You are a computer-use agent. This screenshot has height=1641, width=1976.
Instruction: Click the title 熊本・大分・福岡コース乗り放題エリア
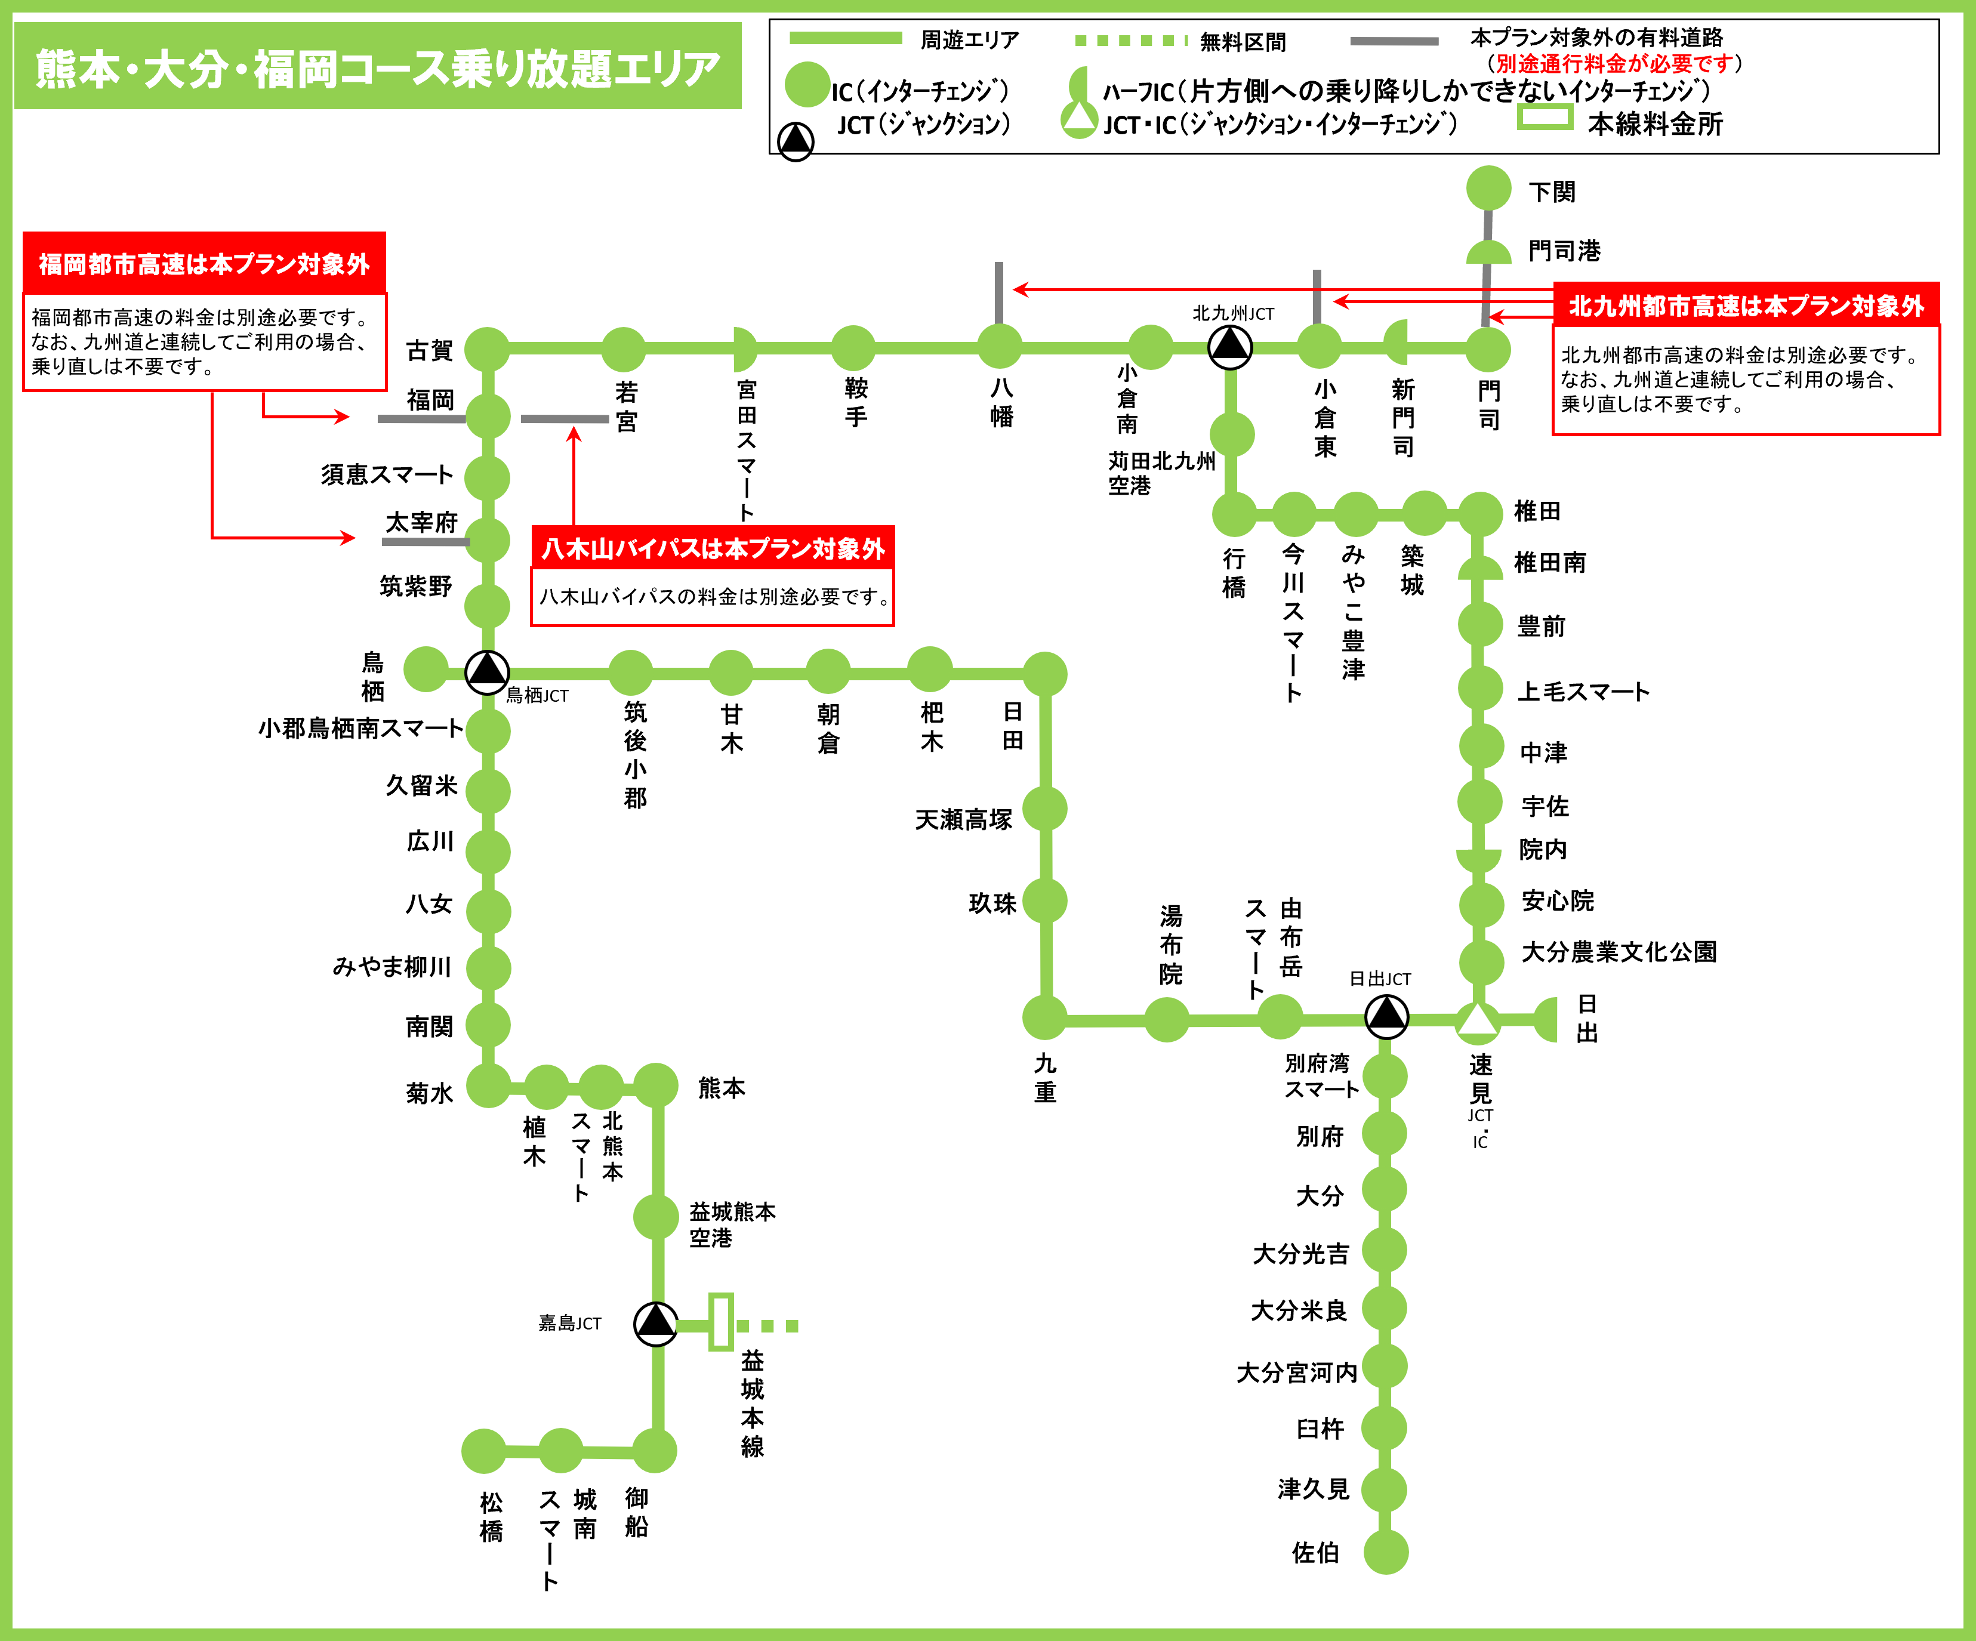tap(377, 69)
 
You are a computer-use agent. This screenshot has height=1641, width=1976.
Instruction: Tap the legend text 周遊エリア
tap(969, 41)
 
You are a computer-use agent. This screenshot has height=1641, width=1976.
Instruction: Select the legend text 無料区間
tap(1242, 42)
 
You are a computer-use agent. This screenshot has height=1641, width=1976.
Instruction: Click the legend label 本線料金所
tap(1655, 124)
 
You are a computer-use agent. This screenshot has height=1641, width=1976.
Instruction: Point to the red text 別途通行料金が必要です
tap(1614, 64)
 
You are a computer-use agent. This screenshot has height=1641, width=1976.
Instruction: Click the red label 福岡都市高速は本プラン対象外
tap(204, 264)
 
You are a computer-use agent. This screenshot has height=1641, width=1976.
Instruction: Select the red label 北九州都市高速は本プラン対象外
tap(1746, 306)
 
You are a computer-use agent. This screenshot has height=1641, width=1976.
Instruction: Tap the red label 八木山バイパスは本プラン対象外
tap(713, 548)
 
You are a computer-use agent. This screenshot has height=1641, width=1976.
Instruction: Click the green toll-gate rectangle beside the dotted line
tap(721, 1322)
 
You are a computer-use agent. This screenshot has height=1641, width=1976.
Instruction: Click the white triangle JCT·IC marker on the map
tap(1477, 1020)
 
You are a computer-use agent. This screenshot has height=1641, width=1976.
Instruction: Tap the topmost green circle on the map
tap(1488, 188)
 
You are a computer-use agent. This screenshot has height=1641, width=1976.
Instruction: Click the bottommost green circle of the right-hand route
tap(1386, 1551)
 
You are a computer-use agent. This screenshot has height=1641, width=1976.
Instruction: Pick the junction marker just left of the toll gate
tap(656, 1324)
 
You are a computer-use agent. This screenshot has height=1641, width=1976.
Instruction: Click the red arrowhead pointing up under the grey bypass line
tap(574, 434)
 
